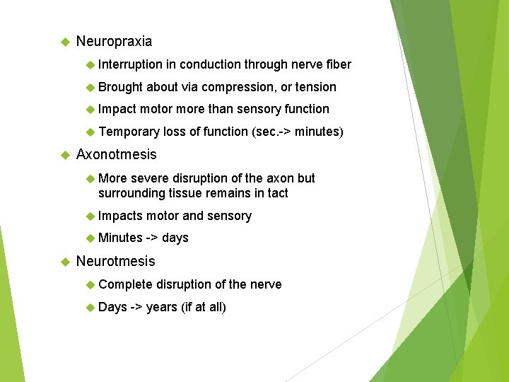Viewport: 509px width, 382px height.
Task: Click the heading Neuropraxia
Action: tap(114, 42)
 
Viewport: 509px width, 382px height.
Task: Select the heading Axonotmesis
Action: tap(116, 154)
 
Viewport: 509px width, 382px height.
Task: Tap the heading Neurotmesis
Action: tap(115, 261)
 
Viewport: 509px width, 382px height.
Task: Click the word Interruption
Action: tap(130, 64)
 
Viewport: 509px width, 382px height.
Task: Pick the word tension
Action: tap(316, 87)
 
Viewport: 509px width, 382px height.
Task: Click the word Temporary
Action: tap(129, 132)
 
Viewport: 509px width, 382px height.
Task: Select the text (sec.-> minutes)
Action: tap(298, 132)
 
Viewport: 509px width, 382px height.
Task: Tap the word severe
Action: tap(149, 178)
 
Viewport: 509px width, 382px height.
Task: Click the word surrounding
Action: tap(131, 193)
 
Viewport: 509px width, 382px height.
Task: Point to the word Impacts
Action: tap(120, 216)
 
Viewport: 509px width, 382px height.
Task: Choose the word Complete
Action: tap(126, 284)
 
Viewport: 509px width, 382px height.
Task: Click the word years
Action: tap(162, 307)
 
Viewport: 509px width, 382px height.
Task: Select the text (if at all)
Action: tap(204, 307)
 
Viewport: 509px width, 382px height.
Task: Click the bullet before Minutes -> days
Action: tap(89, 238)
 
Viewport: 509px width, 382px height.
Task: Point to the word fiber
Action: tap(338, 64)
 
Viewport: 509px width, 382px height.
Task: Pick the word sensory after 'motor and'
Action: tap(229, 216)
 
